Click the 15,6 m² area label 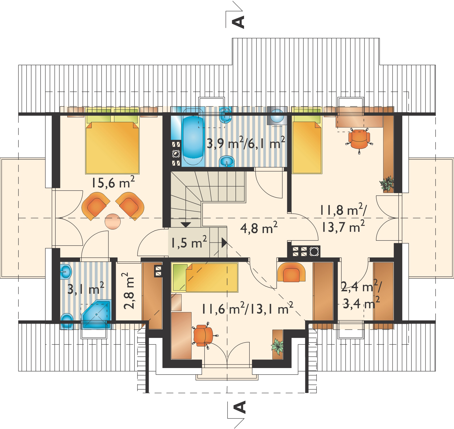pyautogui.click(x=113, y=182)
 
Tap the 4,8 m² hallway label pyautogui.click(x=259, y=228)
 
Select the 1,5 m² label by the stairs pyautogui.click(x=189, y=242)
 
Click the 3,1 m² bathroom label pyautogui.click(x=86, y=289)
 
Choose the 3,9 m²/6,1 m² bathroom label pyautogui.click(x=246, y=143)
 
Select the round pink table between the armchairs pyautogui.click(x=113, y=221)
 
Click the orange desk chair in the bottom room pyautogui.click(x=204, y=335)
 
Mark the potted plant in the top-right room pyautogui.click(x=387, y=184)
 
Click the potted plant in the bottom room pyautogui.click(x=277, y=346)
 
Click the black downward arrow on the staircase pyautogui.click(x=186, y=225)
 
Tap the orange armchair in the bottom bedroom pyautogui.click(x=291, y=272)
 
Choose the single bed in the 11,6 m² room pyautogui.click(x=205, y=278)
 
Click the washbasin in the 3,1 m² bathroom pyautogui.click(x=66, y=272)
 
